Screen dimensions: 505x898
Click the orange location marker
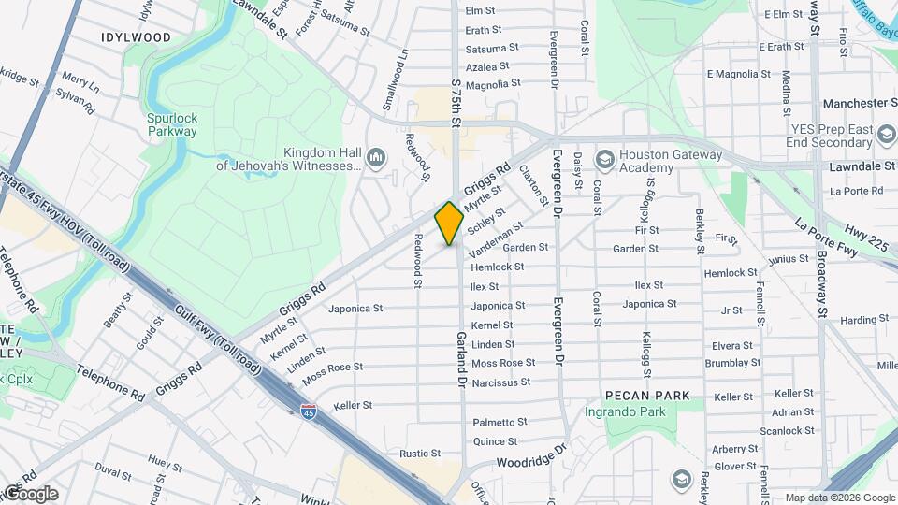449,223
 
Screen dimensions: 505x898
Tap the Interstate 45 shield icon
308,410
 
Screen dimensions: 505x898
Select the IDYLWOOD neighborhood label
137,37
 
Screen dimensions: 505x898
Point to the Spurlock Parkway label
171,124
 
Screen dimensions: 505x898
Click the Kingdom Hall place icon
376,155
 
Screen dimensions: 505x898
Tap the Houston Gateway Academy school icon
603,158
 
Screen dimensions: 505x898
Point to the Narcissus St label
500,382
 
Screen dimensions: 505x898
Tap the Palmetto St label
500,423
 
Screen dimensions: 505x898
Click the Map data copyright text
839,498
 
